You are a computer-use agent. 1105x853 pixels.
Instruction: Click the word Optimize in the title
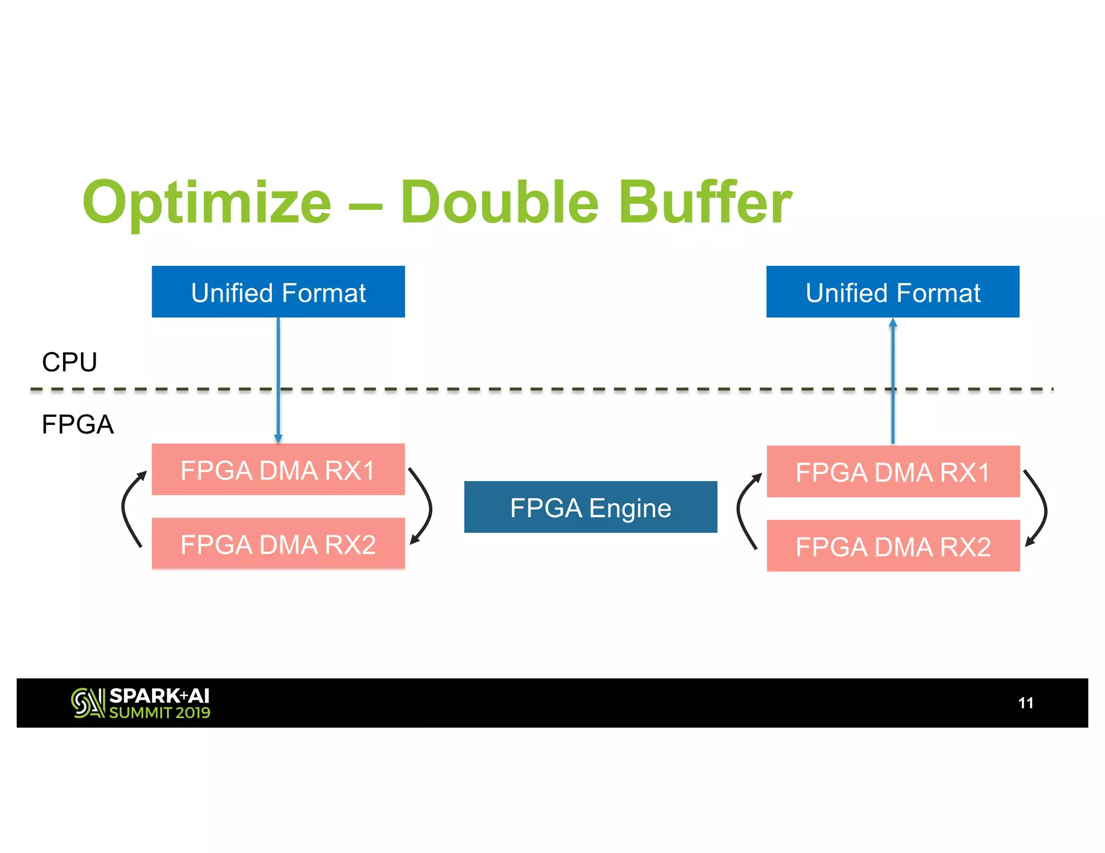[207, 203]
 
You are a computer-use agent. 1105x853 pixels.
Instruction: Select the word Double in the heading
[499, 203]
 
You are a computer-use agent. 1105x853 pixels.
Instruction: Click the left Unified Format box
[278, 292]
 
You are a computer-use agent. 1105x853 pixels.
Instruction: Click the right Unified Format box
[892, 292]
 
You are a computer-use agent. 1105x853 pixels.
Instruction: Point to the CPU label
[69, 362]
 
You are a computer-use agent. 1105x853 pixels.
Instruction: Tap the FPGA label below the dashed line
[77, 424]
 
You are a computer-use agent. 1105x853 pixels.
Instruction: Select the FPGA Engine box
[590, 507]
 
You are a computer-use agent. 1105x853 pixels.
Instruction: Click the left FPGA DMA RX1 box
[278, 470]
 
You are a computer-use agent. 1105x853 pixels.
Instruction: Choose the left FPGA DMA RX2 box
[278, 544]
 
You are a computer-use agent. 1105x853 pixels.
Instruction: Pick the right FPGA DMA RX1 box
[893, 472]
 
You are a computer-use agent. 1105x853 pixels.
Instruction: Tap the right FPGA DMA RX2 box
[893, 546]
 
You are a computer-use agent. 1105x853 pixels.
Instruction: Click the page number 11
[1025, 703]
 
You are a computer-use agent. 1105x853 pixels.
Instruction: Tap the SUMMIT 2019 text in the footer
[160, 713]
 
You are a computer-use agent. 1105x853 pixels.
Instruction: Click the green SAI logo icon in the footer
[87, 703]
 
